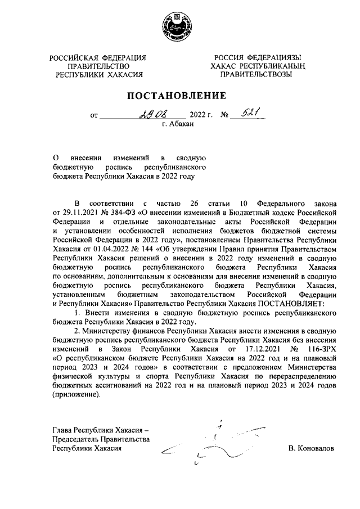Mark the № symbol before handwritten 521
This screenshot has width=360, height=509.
pyautogui.click(x=226, y=115)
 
